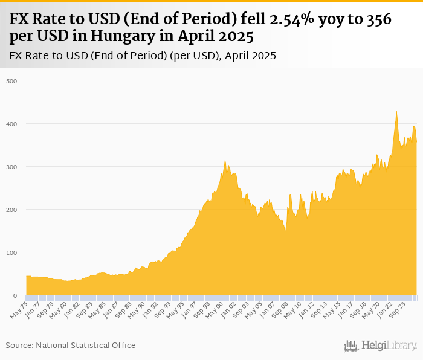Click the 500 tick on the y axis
11,81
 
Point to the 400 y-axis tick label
11,124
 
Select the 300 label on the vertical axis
11,167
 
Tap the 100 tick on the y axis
11,252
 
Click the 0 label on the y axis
15,295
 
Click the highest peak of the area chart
396,112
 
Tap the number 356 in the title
379,19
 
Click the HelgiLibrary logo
381,346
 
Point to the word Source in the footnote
19,345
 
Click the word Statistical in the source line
96,345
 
